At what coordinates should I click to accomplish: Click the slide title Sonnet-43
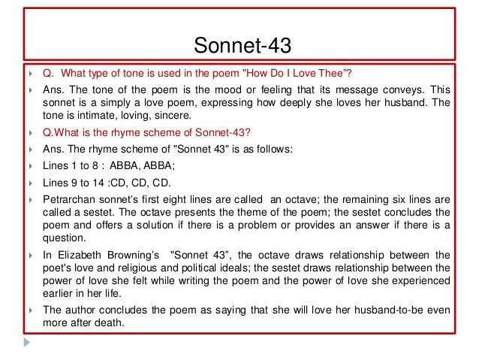(239, 47)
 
